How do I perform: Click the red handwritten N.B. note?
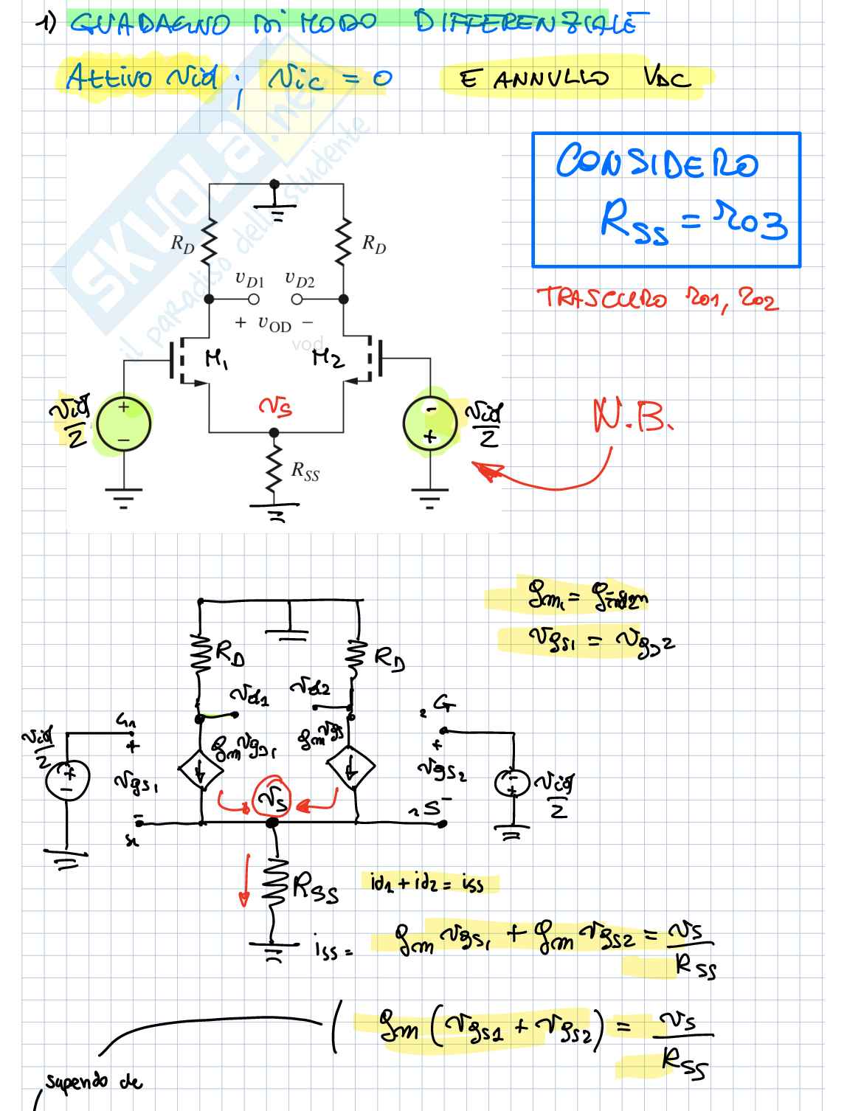633,418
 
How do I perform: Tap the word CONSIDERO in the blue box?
656,162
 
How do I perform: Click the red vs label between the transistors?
274,405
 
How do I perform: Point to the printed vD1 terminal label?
249,280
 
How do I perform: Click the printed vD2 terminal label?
300,280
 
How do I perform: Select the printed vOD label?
274,323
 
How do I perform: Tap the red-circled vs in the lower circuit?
272,798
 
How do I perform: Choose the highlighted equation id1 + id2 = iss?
427,882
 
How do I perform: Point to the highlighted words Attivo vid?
142,77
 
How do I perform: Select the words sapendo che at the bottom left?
93,1081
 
